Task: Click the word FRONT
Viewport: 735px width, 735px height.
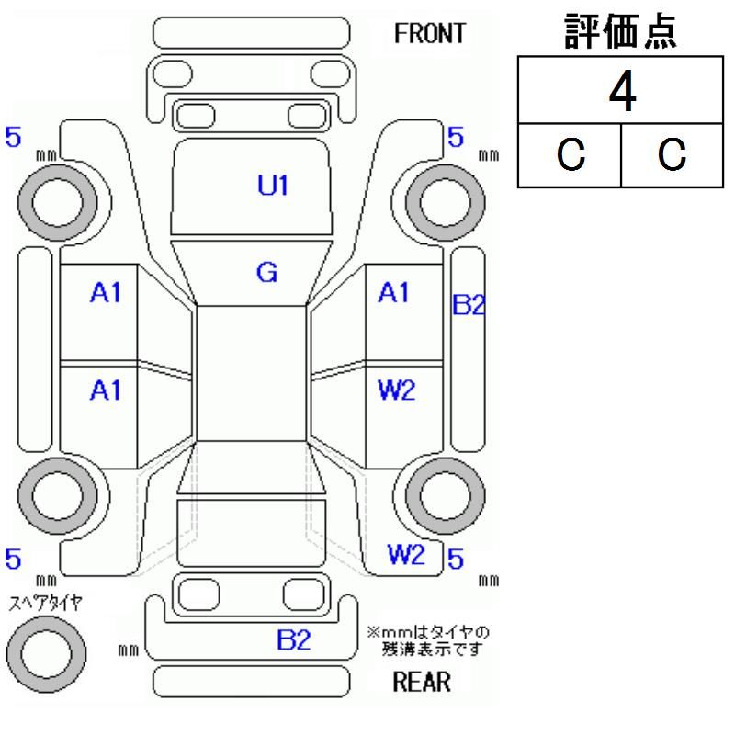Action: coord(429,33)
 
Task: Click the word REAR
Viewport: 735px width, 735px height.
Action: coord(422,682)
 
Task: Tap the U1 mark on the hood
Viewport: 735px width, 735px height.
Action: coord(272,185)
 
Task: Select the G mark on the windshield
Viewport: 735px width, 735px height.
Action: coord(266,272)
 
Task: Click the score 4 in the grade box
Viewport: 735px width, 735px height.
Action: coord(622,91)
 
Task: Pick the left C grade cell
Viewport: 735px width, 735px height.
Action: coord(570,154)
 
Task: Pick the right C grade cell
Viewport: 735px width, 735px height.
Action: coord(672,154)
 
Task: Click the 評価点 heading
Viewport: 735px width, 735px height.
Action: coord(620,31)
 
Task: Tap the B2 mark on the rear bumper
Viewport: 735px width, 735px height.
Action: coord(293,639)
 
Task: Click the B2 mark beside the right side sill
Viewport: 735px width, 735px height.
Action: coord(469,304)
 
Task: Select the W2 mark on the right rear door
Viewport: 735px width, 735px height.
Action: coord(396,390)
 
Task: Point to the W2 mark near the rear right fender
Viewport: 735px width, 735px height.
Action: coord(406,555)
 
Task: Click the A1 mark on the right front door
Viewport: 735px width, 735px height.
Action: coord(393,292)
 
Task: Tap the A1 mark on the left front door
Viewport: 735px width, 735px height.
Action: coord(106,293)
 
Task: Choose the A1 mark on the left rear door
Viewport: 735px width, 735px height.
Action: coord(106,390)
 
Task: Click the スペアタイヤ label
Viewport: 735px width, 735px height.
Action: coord(45,603)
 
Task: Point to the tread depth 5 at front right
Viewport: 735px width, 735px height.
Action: coord(456,137)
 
